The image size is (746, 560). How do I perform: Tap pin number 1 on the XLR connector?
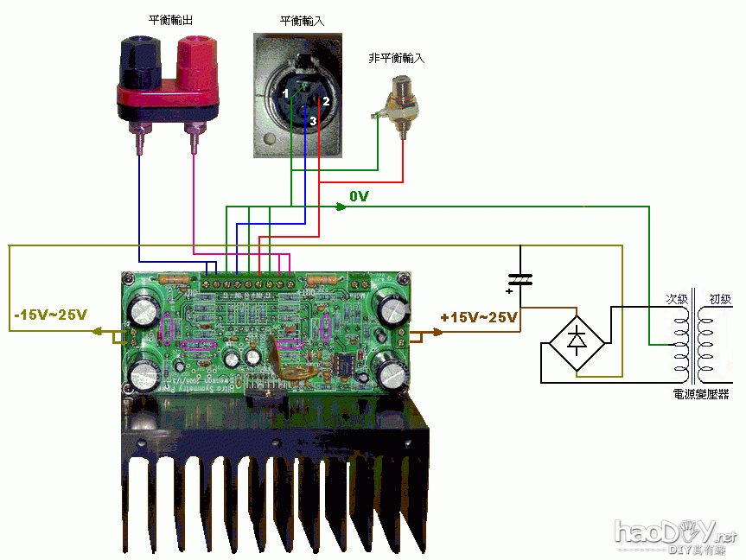[x=286, y=92]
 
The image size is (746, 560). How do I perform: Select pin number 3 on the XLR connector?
[x=312, y=122]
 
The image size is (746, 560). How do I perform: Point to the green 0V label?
[x=359, y=197]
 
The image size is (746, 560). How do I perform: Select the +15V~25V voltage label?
[x=478, y=317]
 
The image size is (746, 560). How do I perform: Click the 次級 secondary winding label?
[x=676, y=299]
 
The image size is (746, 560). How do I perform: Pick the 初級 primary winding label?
[x=719, y=299]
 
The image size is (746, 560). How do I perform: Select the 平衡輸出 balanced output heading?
[x=169, y=19]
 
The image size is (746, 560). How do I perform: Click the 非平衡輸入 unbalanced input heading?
[x=396, y=58]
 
